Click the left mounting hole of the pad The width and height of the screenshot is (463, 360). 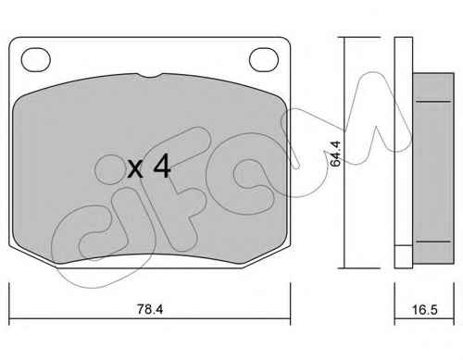35,60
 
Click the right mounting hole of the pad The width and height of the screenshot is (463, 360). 264,60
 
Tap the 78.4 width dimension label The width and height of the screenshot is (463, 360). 150,309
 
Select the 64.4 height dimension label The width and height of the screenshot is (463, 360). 335,154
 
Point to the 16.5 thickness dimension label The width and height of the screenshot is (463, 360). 425,310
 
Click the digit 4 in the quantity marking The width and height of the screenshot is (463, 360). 162,167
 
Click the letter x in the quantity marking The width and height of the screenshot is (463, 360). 135,169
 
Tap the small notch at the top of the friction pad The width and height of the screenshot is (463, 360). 150,75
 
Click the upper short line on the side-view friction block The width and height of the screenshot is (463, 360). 433,101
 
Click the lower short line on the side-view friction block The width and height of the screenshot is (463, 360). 433,242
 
